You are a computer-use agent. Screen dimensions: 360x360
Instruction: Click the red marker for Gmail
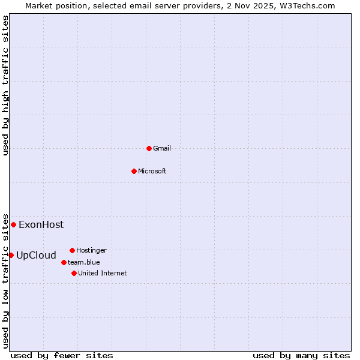[x=149, y=148]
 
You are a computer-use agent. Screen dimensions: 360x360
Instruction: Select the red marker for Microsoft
[x=134, y=171]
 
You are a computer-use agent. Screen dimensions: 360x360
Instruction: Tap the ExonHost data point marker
[x=13, y=224]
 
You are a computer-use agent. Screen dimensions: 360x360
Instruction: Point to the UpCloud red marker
[x=11, y=255]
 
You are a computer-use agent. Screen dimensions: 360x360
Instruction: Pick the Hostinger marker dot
[x=72, y=250]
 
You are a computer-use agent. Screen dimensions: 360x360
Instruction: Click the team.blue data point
[x=64, y=262]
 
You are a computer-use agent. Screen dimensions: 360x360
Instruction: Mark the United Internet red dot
[x=74, y=273]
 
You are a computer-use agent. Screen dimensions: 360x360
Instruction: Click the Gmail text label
[x=162, y=148]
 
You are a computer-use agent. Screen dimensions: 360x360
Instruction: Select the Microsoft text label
[x=152, y=171]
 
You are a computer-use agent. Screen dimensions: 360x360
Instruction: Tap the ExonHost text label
[x=41, y=225]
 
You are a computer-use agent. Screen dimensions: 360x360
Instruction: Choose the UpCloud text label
[x=36, y=256]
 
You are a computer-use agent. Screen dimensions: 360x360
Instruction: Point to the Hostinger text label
[x=91, y=250]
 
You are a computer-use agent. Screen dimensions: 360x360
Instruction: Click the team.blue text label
[x=84, y=262]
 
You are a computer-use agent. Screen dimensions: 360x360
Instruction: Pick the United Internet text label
[x=102, y=273]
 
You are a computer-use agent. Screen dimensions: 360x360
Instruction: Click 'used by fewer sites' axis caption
[x=62, y=355]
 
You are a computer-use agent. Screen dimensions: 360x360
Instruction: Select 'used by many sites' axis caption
[x=301, y=355]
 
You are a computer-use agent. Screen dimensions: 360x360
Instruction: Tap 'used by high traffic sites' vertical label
[x=6, y=86]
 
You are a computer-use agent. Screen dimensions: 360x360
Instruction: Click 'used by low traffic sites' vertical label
[x=6, y=280]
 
